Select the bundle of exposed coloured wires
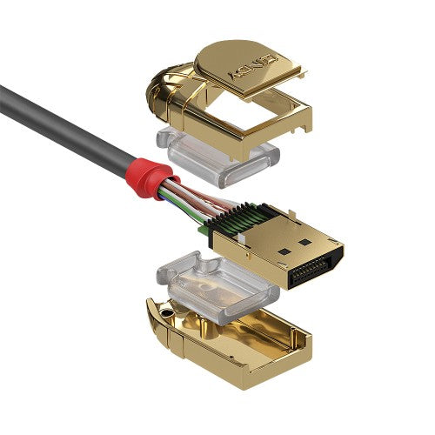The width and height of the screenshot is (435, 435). [187, 201]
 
